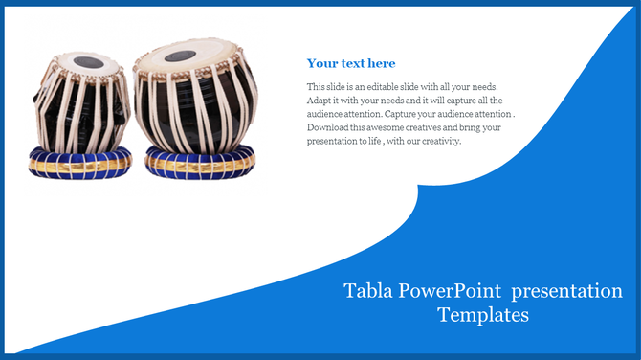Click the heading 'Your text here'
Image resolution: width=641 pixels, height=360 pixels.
(x=350, y=64)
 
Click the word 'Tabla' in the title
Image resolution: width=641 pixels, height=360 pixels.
(x=366, y=291)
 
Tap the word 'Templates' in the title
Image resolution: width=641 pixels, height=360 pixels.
(x=483, y=314)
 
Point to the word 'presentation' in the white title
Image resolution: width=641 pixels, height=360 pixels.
(x=568, y=291)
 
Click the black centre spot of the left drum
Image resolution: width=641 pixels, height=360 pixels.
(x=86, y=63)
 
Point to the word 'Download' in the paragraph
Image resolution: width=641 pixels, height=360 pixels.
(x=329, y=126)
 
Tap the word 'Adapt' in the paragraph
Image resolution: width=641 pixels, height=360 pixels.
(x=320, y=100)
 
